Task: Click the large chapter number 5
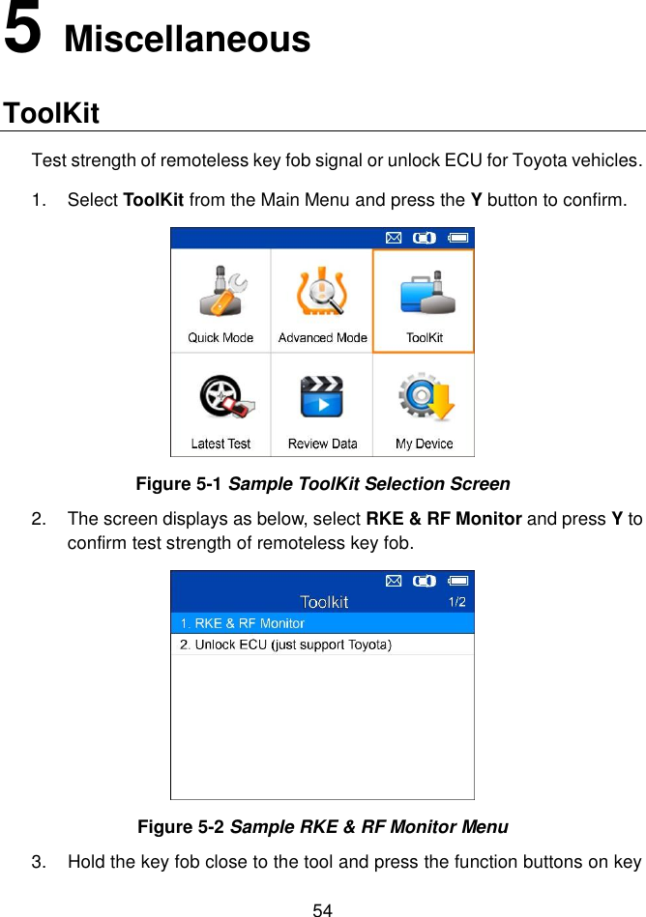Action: click(x=23, y=31)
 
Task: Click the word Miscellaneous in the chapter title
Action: click(x=188, y=40)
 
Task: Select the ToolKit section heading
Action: click(x=51, y=113)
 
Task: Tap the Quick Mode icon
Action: click(x=220, y=293)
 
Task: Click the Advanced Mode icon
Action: click(x=322, y=293)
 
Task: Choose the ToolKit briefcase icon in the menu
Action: click(x=424, y=293)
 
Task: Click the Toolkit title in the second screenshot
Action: click(x=324, y=602)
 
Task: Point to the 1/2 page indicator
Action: click(x=456, y=602)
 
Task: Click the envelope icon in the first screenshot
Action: click(x=394, y=236)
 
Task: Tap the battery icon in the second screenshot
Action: click(x=459, y=581)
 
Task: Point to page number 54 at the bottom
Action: click(x=322, y=909)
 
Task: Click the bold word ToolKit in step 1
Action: click(x=154, y=201)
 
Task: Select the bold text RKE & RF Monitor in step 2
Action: click(x=445, y=519)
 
